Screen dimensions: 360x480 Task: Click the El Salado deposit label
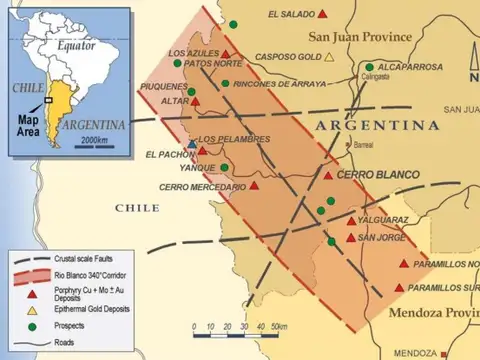pyautogui.click(x=291, y=15)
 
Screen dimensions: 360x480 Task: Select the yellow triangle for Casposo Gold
pyautogui.click(x=329, y=57)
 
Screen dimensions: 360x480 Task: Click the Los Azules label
pyautogui.click(x=193, y=53)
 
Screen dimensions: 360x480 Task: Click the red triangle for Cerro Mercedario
pyautogui.click(x=254, y=185)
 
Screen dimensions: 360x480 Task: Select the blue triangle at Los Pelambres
pyautogui.click(x=192, y=145)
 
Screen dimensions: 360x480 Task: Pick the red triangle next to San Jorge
pyautogui.click(x=350, y=237)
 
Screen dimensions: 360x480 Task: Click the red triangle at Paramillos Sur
pyautogui.click(x=400, y=287)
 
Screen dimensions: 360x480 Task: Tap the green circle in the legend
pyautogui.click(x=32, y=326)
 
